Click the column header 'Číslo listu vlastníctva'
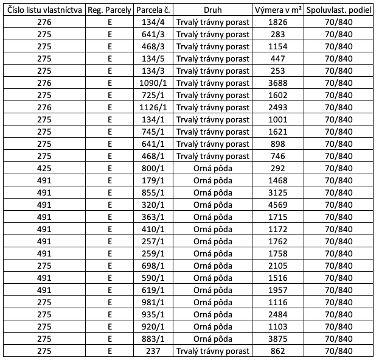[44, 10]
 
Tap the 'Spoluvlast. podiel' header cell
[338, 10]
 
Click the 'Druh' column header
[213, 10]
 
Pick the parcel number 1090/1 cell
[153, 83]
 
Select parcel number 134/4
[153, 23]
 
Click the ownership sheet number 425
[44, 168]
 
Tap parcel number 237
[153, 351]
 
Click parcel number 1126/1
[153, 107]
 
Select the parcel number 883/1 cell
[153, 339]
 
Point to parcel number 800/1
[153, 168]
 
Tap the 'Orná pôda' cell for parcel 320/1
[213, 205]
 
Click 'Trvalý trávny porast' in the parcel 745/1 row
[213, 132]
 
